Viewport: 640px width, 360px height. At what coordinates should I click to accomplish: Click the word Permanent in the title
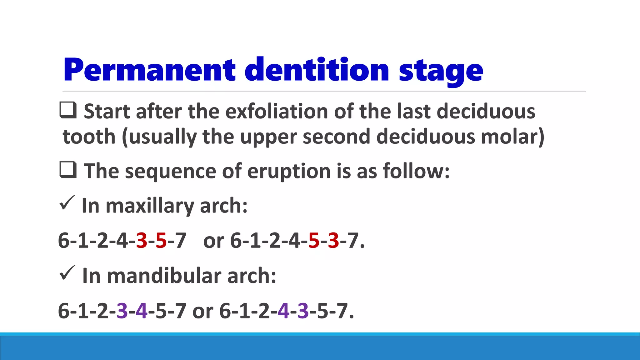point(149,70)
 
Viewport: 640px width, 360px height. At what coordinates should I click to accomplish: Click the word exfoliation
point(277,112)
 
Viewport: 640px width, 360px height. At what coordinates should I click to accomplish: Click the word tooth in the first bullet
point(89,137)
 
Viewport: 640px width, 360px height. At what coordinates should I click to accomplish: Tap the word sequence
point(171,172)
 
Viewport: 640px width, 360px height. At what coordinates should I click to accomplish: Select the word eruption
point(289,172)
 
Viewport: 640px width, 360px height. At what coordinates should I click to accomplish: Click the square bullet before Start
point(68,110)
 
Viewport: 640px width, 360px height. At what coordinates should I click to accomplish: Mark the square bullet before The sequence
point(68,170)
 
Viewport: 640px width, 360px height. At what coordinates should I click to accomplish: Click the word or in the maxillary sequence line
point(214,241)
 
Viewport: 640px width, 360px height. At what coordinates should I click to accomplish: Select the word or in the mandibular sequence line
point(202,311)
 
